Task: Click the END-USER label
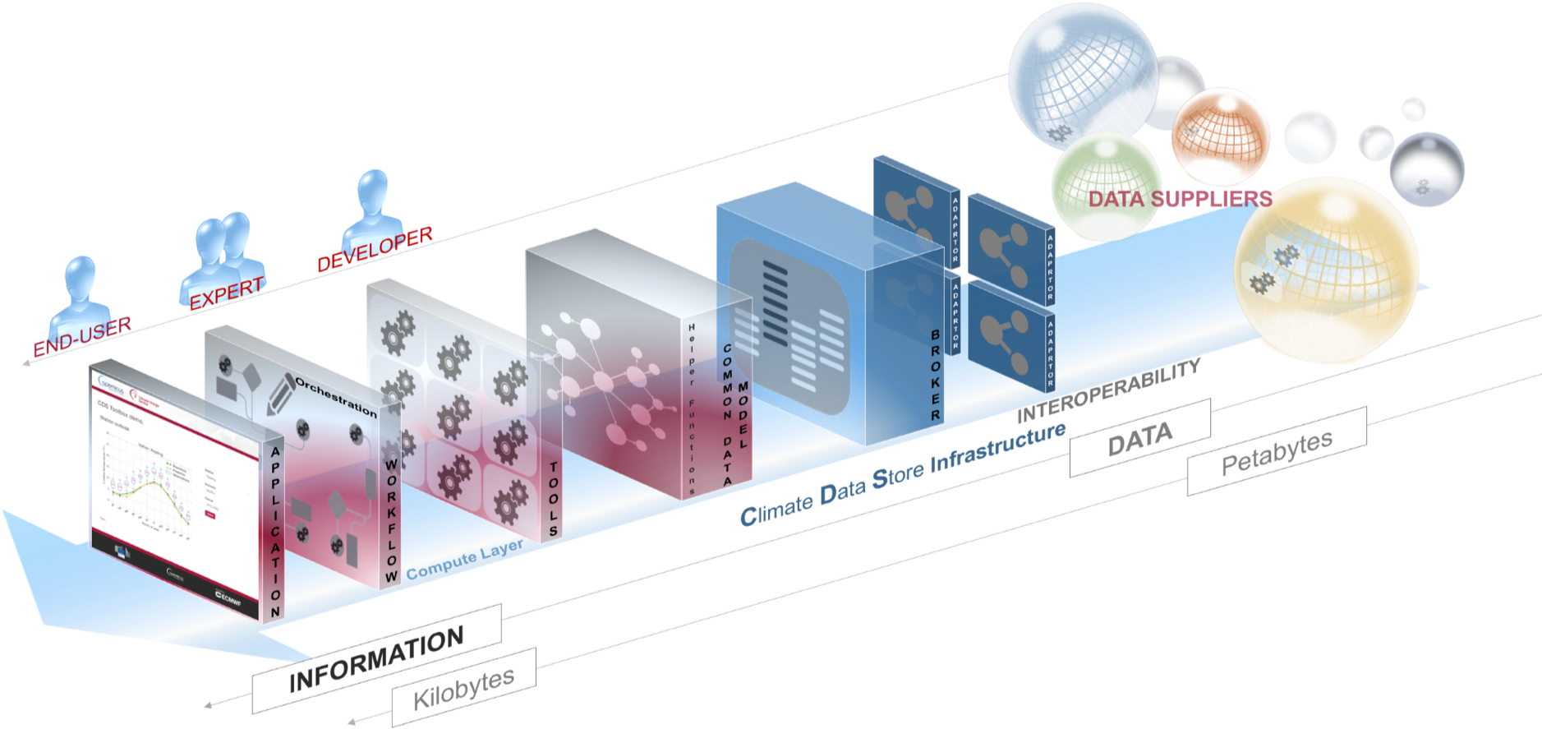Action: click(x=82, y=336)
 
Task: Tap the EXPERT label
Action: click(x=226, y=293)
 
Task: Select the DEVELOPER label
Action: click(x=375, y=248)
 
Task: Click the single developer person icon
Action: click(x=374, y=205)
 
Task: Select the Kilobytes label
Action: click(x=464, y=688)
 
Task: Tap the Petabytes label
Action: click(x=1277, y=451)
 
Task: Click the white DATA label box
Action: click(x=1139, y=438)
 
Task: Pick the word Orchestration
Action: click(x=336, y=396)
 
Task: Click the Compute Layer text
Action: click(x=464, y=560)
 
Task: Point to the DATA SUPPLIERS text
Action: click(x=1180, y=198)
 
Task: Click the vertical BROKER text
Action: click(x=936, y=375)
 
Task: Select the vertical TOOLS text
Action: click(x=553, y=498)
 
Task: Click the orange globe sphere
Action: click(x=1221, y=135)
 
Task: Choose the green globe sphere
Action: click(x=1106, y=186)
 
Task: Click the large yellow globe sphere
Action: click(x=1326, y=270)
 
